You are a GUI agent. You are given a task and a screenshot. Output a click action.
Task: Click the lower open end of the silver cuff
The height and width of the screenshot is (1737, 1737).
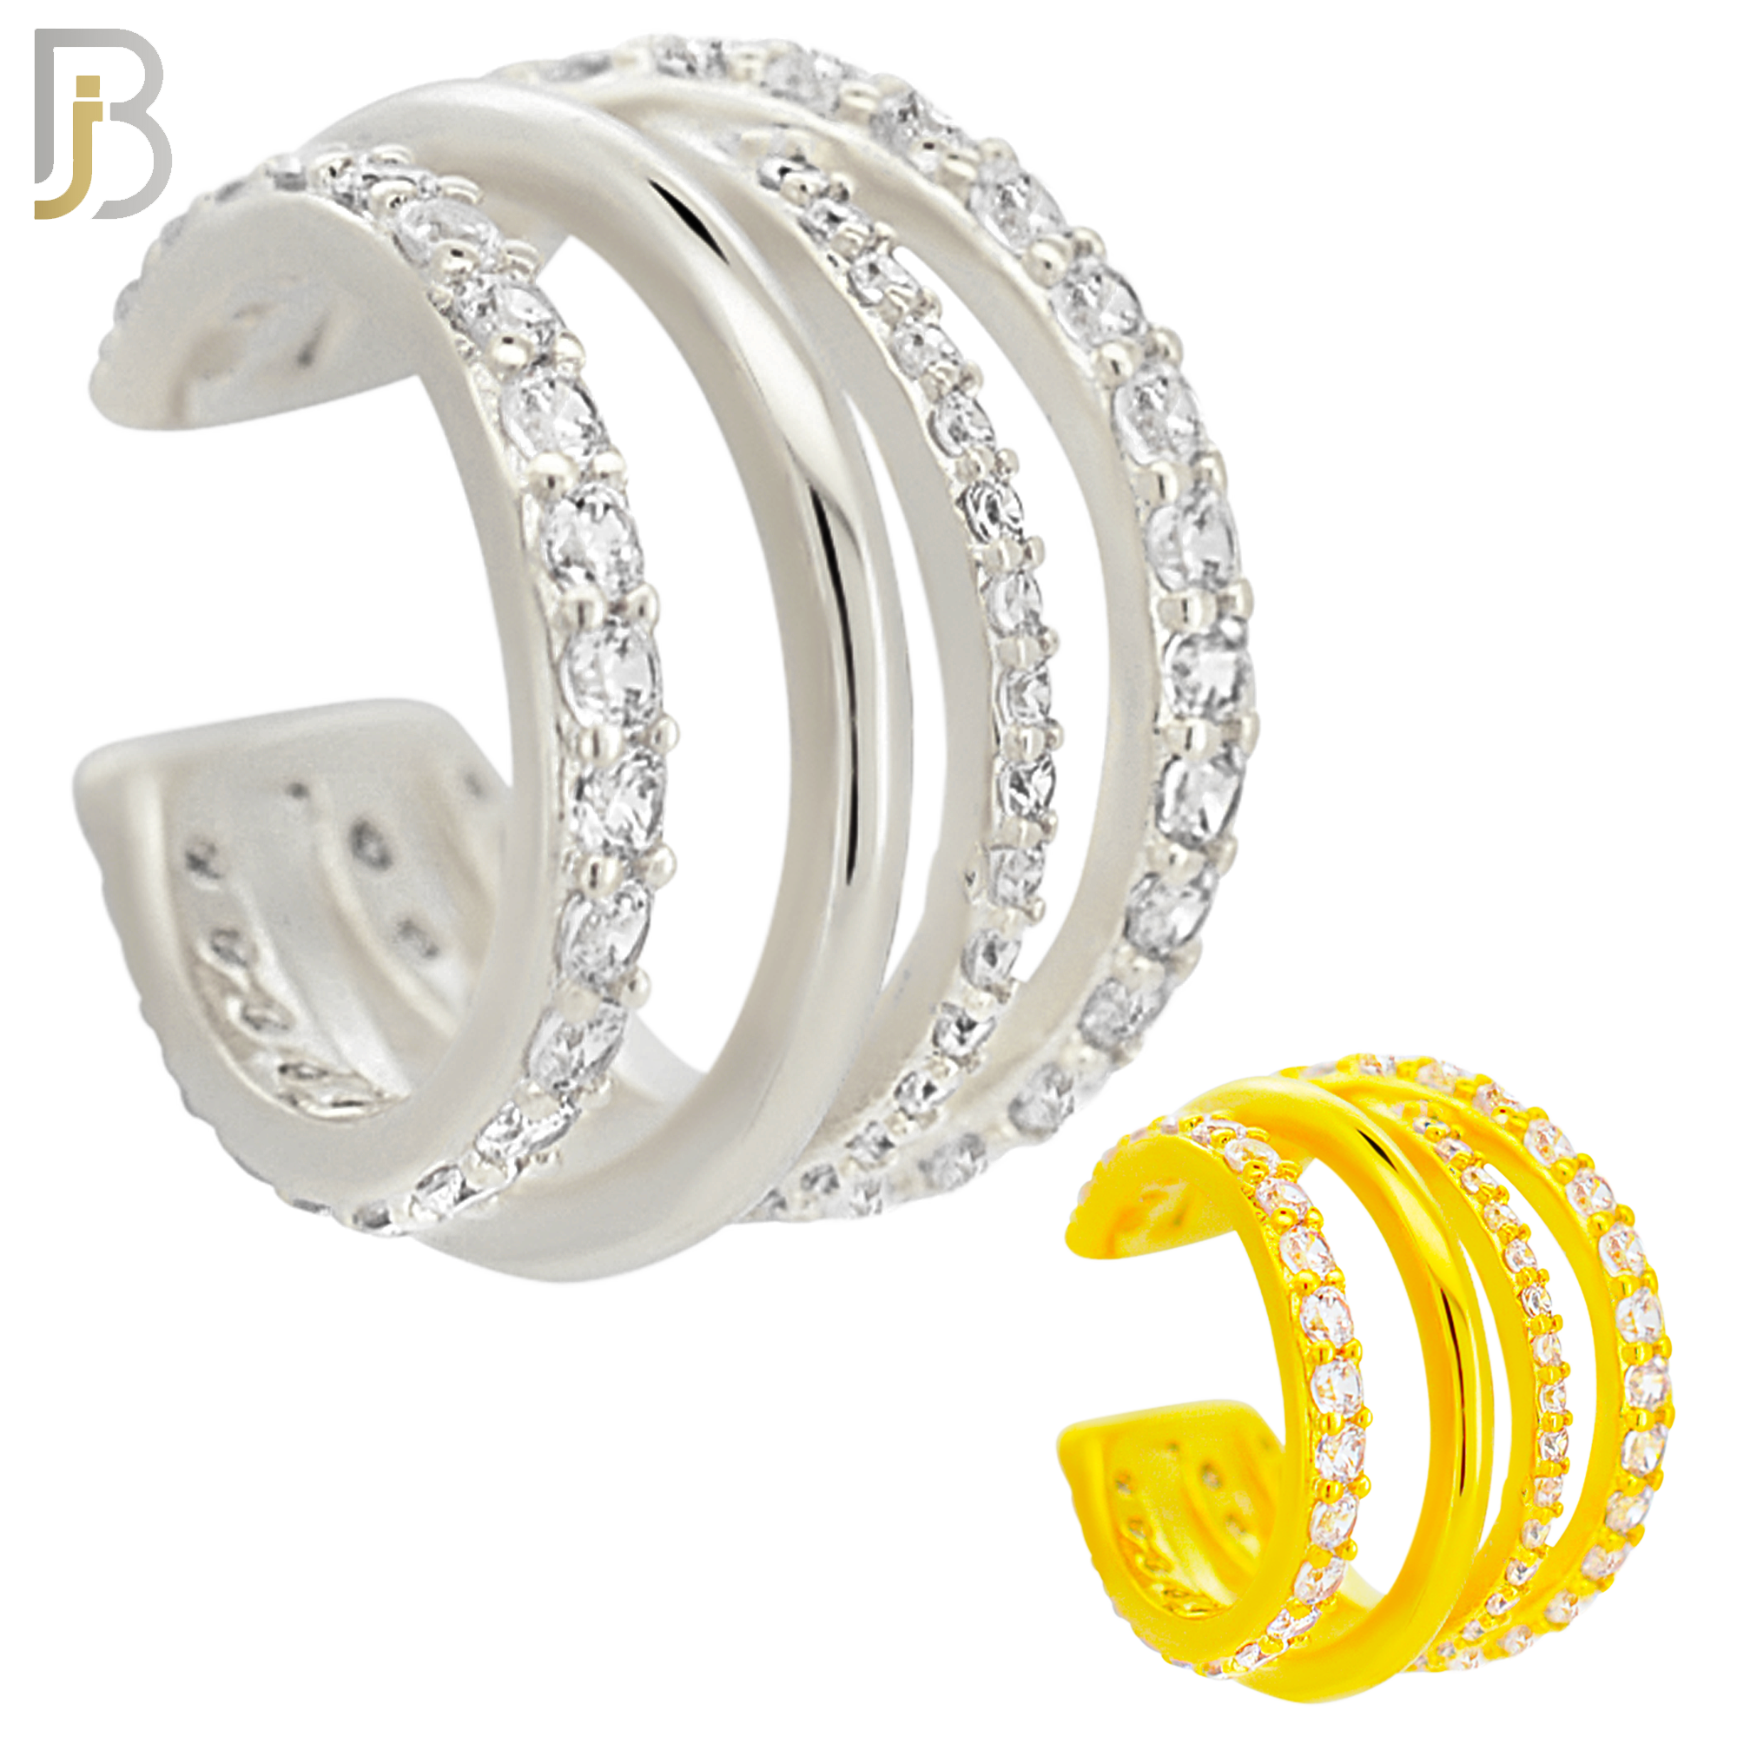pyautogui.click(x=117, y=791)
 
